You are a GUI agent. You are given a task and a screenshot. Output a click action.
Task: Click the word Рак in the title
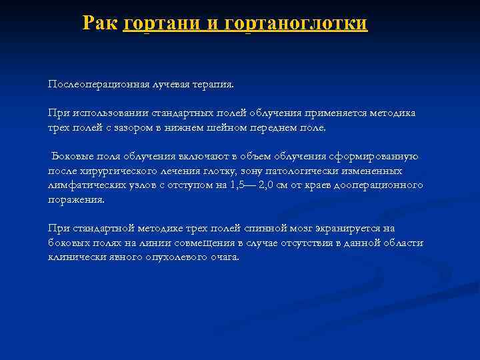pyautogui.click(x=100, y=23)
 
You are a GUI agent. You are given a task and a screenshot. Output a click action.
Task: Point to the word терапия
pyautogui.click(x=212, y=85)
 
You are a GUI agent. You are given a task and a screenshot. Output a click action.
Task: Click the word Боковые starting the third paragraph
pyautogui.click(x=72, y=156)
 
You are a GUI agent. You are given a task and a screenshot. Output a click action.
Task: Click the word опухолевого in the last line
pyautogui.click(x=171, y=257)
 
